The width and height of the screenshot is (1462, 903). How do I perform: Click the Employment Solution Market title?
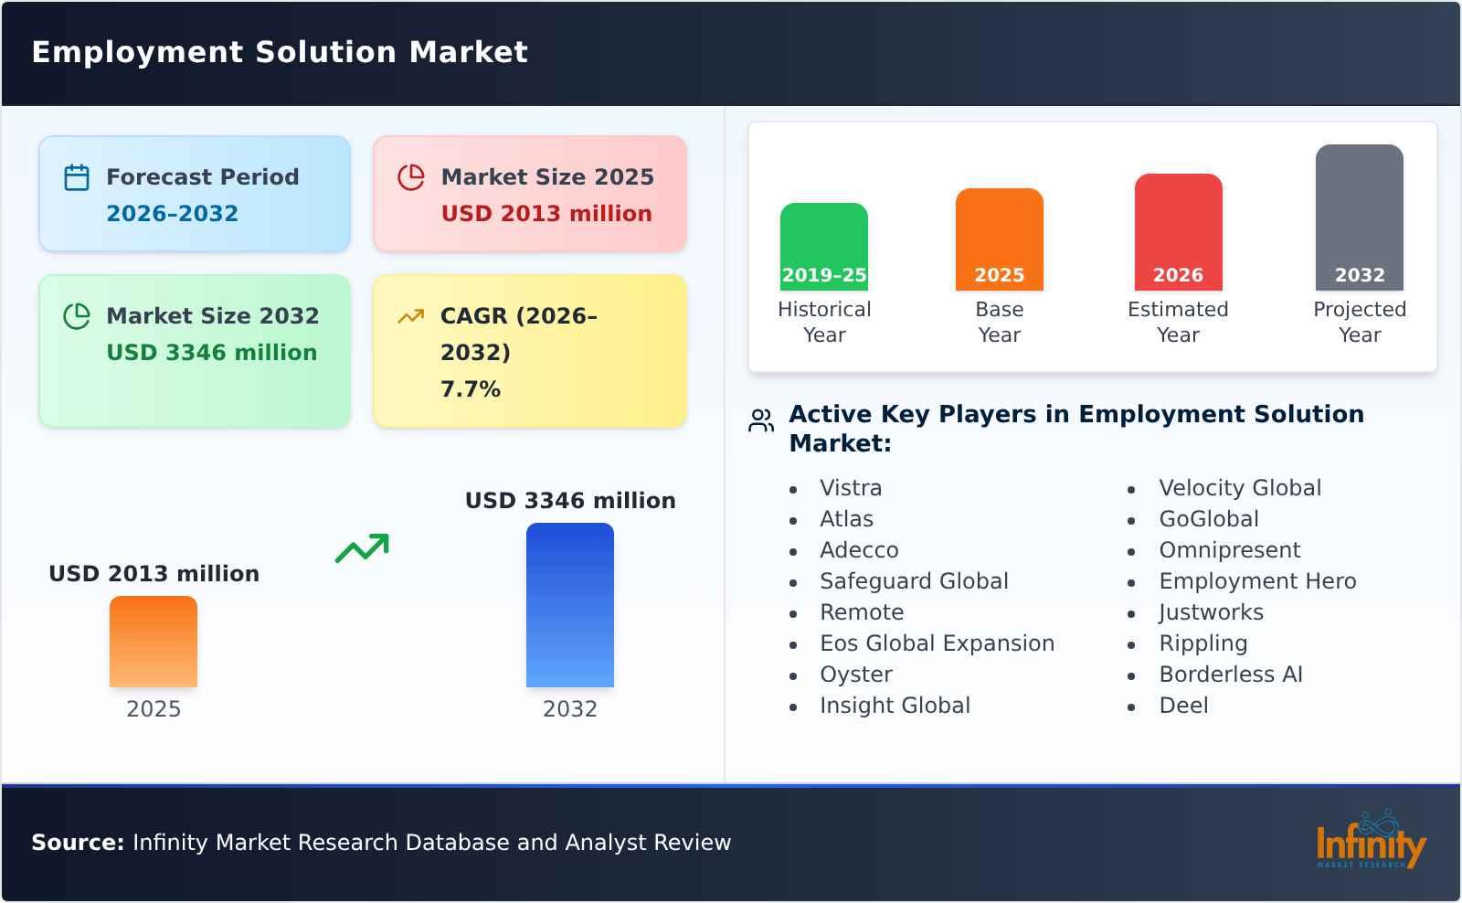pos(280,52)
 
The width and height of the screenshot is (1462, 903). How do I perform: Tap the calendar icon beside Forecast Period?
pos(77,177)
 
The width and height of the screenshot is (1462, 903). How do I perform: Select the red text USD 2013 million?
pos(546,213)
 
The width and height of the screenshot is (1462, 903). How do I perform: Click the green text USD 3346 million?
pos(212,352)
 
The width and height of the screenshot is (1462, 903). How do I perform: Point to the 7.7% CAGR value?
pos(471,388)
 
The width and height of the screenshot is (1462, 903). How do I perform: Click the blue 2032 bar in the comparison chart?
pos(569,605)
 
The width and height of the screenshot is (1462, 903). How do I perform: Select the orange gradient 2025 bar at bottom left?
pos(154,642)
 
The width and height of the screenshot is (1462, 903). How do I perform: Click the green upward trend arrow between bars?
pos(363,547)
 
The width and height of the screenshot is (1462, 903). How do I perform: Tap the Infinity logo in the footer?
pos(1370,840)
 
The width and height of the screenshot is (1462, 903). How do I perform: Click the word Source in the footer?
pos(78,842)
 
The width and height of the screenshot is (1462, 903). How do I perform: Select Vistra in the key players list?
pos(851,488)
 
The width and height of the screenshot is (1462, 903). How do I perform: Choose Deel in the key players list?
pos(1183,706)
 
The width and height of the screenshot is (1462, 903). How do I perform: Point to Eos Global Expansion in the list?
pos(937,643)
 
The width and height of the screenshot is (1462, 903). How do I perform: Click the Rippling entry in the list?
pos(1202,643)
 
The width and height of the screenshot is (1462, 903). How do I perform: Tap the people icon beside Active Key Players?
pos(761,420)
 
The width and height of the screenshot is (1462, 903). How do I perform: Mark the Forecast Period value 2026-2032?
pos(173,213)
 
